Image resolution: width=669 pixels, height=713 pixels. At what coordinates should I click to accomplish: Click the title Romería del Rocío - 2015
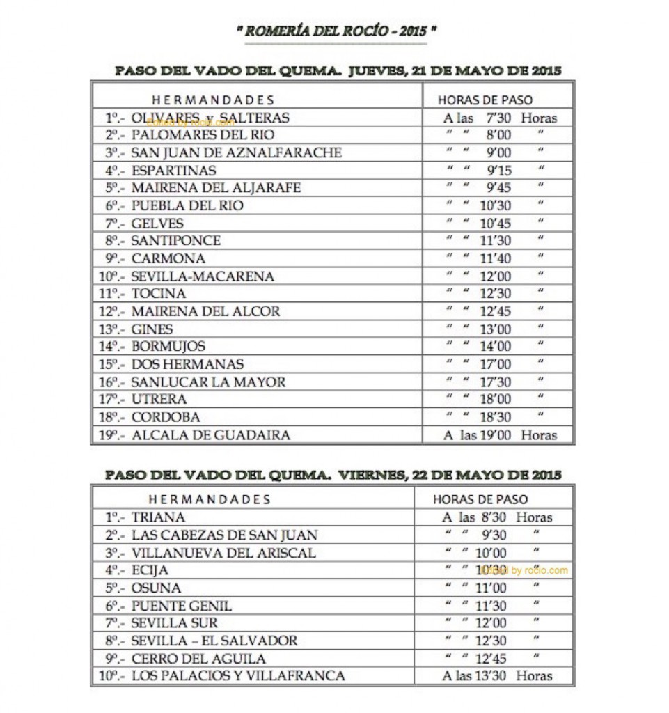[x=336, y=31]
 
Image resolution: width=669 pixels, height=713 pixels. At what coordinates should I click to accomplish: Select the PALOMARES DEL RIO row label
[x=203, y=135]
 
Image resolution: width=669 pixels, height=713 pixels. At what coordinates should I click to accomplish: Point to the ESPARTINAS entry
[x=173, y=171]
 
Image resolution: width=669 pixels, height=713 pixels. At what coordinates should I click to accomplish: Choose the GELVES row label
[x=157, y=224]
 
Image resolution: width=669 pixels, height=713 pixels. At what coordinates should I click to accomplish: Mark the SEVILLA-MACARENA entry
[x=203, y=276]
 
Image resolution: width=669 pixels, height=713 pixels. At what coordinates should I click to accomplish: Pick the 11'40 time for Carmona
[x=496, y=258]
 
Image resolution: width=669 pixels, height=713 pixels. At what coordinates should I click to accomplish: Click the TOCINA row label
[x=159, y=294]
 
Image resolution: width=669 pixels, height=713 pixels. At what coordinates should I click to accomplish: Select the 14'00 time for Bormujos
[x=496, y=347]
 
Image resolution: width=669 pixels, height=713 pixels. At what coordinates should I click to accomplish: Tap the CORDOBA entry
[x=166, y=417]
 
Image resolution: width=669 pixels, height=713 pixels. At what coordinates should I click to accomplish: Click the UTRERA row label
[x=159, y=400]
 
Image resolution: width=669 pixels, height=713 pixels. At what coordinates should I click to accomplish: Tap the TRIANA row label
[x=158, y=517]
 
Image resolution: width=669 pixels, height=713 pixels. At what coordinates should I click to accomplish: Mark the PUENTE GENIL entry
[x=181, y=606]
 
